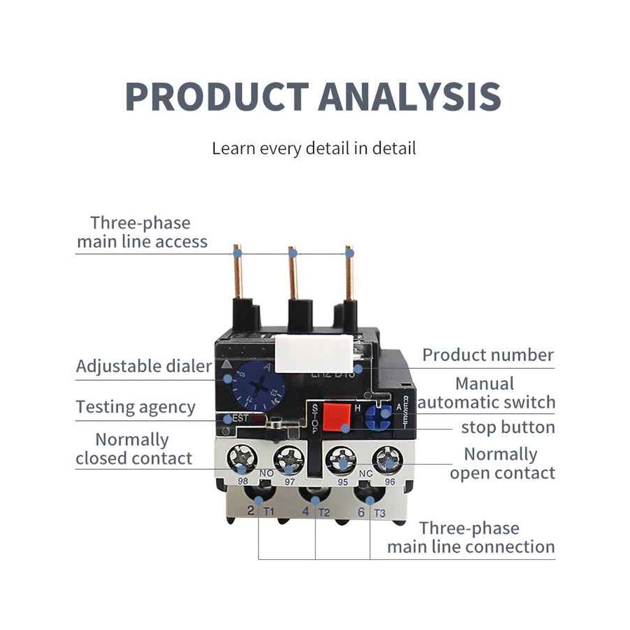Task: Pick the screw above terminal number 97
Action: click(288, 459)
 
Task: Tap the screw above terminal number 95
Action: click(340, 459)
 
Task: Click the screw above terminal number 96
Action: click(388, 459)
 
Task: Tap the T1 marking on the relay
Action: click(269, 512)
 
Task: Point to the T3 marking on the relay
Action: click(379, 512)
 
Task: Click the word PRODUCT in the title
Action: click(217, 96)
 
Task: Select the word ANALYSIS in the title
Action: click(409, 96)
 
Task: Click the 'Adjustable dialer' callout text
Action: click(143, 367)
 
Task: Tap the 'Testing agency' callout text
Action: click(135, 407)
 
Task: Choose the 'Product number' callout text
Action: click(488, 355)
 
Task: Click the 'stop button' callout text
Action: click(508, 427)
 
